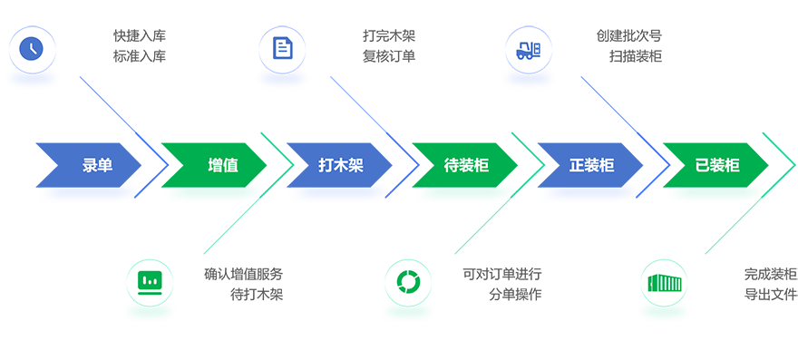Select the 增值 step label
coord(223,166)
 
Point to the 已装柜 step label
coord(716,166)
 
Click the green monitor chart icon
coord(149,282)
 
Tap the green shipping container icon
coord(663,282)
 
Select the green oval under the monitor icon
coord(149,312)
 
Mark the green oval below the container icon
coord(663,312)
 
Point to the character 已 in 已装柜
coord(702,166)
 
